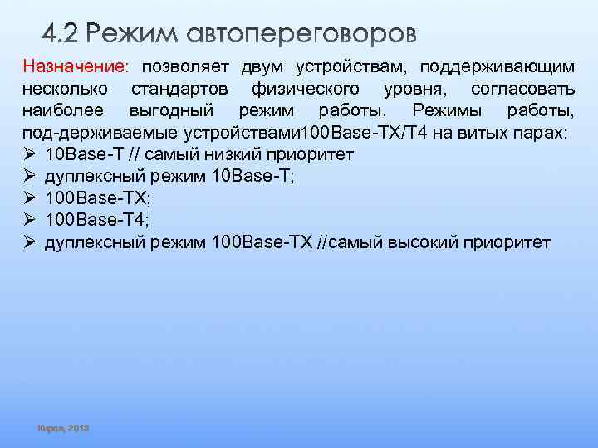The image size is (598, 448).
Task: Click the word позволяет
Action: pyautogui.click(x=185, y=66)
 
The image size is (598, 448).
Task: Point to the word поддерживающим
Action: pyautogui.click(x=497, y=66)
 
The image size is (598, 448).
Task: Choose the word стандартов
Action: pyautogui.click(x=182, y=88)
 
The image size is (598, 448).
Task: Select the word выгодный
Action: pyautogui.click(x=172, y=110)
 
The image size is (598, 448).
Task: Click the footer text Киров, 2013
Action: pyautogui.click(x=63, y=428)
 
